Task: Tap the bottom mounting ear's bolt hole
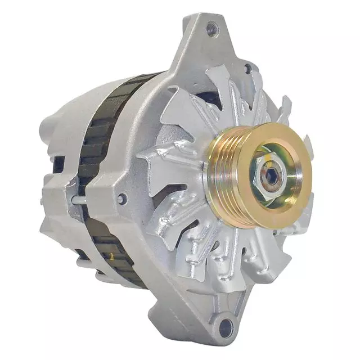click(x=226, y=326)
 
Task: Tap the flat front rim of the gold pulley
click(x=292, y=197)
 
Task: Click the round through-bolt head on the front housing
click(x=123, y=198)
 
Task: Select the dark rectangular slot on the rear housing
click(x=58, y=164)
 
